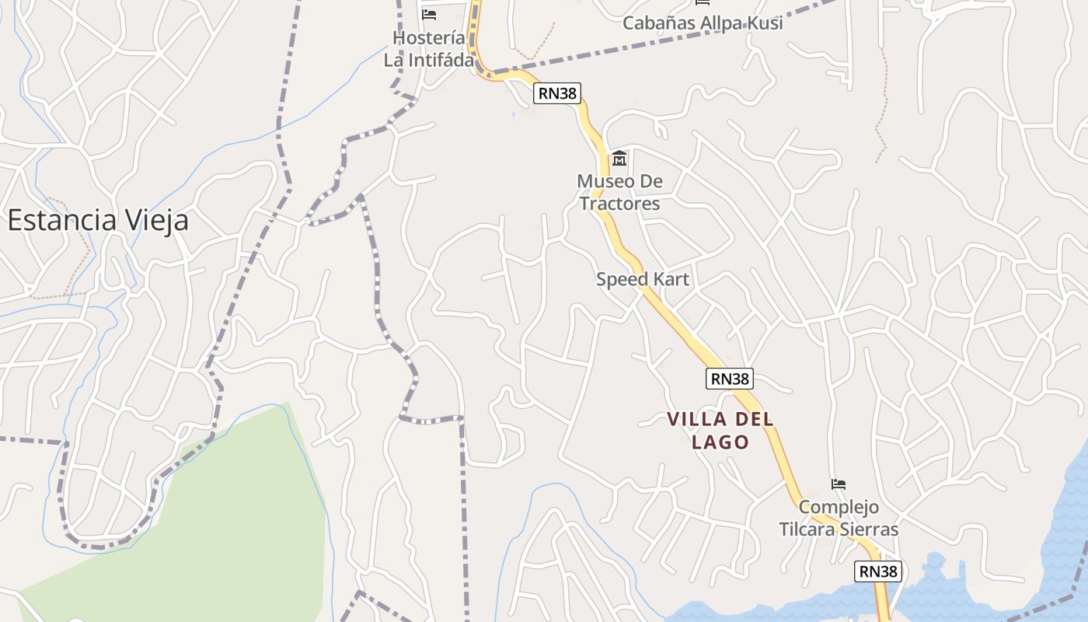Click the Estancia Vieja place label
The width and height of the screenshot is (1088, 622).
click(98, 221)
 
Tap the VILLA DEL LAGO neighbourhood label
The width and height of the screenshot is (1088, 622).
click(720, 431)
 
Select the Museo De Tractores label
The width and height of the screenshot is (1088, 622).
click(619, 193)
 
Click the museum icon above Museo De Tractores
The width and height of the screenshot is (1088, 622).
click(619, 159)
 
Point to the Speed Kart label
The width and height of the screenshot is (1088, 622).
click(643, 279)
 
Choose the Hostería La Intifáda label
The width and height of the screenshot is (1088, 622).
click(429, 48)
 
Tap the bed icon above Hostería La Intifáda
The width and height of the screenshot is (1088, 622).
click(429, 15)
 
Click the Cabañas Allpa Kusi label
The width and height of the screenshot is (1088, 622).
click(703, 23)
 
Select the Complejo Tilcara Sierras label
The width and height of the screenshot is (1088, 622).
click(839, 518)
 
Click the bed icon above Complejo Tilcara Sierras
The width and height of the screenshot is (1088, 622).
click(838, 484)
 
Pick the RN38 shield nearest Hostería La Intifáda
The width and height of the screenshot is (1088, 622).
click(557, 94)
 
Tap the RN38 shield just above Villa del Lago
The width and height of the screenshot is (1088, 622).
click(730, 379)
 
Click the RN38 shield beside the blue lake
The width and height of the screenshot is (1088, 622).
click(878, 571)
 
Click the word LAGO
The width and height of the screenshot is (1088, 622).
click(720, 442)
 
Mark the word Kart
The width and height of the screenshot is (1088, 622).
click(671, 279)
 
